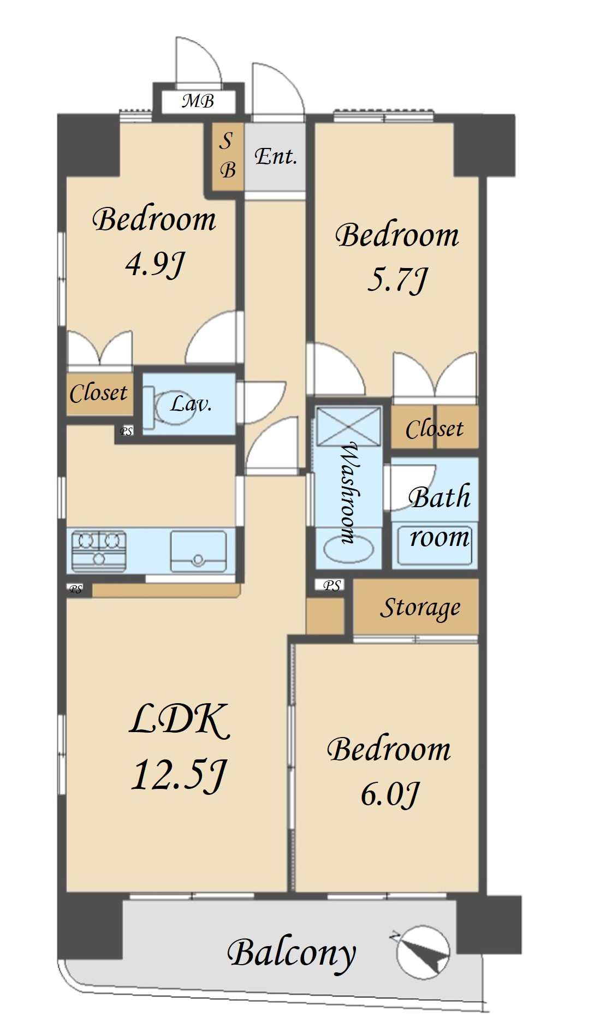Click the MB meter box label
pos(198,101)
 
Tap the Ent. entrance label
pos(276,157)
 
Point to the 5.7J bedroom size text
pos(397,280)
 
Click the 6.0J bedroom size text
pos(390,794)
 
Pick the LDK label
pos(180,720)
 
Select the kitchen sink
pos(198,551)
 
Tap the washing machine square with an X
pos(349,426)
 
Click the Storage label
pos(420,608)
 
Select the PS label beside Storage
pos(332,586)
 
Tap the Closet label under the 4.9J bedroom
pos(98,393)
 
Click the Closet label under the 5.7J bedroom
pos(435,429)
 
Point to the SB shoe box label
pos(227,156)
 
